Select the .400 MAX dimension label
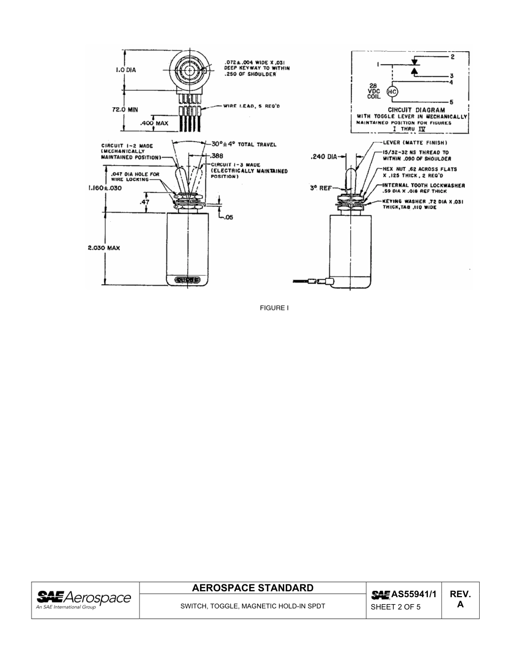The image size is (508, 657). click(154, 123)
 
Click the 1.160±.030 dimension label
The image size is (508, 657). click(106, 188)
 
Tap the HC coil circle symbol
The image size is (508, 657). click(391, 92)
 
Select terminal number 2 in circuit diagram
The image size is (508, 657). click(452, 56)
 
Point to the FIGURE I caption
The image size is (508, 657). click(274, 308)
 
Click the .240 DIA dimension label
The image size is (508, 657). click(324, 157)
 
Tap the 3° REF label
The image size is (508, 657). click(321, 188)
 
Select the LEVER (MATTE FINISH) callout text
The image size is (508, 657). click(415, 143)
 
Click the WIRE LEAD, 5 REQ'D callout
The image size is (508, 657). click(251, 106)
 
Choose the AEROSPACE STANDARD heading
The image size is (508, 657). click(252, 588)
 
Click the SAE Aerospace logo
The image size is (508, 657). click(83, 599)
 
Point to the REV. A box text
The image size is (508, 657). click(460, 599)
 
